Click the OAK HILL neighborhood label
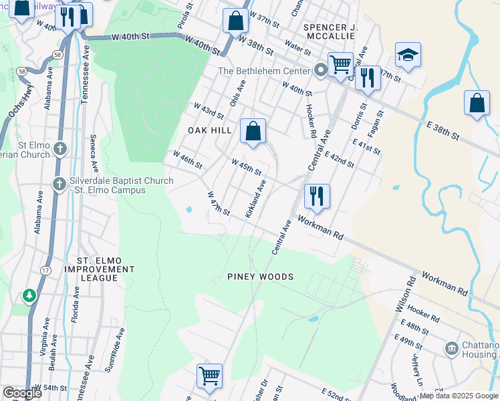(209, 130)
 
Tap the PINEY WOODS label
(260, 277)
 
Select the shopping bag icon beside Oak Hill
(253, 132)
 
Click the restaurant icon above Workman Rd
(317, 196)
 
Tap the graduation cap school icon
(408, 55)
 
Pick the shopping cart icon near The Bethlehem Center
(340, 65)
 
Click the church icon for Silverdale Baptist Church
(59, 183)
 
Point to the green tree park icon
(29, 294)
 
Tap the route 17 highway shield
(45, 270)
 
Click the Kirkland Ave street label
(256, 198)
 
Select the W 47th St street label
(219, 204)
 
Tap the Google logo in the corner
(22, 393)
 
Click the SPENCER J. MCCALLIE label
(332, 32)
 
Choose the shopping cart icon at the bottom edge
(210, 376)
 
